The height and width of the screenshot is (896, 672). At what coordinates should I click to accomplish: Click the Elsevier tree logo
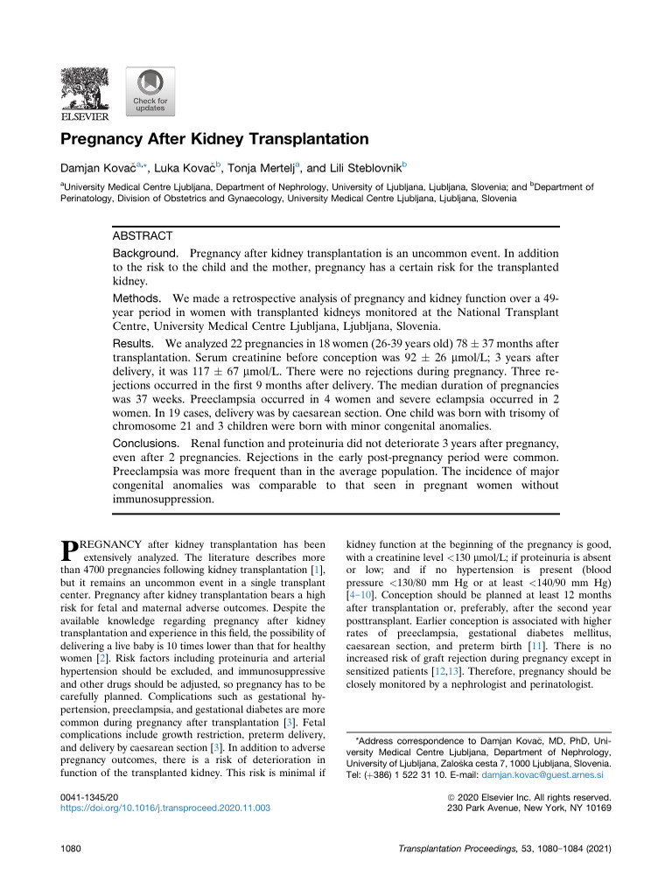(84, 92)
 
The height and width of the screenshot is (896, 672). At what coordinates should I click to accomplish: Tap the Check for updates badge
(150, 92)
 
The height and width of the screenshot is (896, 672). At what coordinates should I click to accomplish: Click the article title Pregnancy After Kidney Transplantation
(214, 138)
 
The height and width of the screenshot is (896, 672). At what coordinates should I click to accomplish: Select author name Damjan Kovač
(94, 167)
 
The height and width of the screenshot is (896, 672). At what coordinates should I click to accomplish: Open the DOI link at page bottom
(164, 808)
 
